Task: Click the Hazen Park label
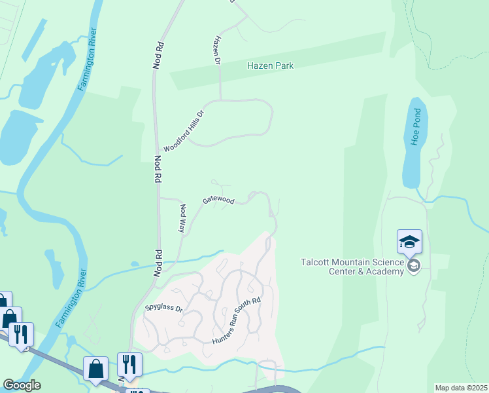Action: [270, 65]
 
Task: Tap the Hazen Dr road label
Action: [216, 50]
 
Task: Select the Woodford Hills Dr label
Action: [184, 131]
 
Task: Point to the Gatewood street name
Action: [218, 199]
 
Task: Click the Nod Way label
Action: [183, 218]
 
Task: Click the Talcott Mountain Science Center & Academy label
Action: [352, 267]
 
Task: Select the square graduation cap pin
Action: [409, 242]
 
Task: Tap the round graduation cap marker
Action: [413, 266]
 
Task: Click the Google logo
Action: [22, 385]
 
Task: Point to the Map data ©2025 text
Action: [461, 388]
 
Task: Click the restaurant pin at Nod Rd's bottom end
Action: [129, 365]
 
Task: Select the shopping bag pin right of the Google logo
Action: [96, 368]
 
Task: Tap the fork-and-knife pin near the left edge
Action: [20, 334]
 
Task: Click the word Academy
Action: [386, 272]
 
